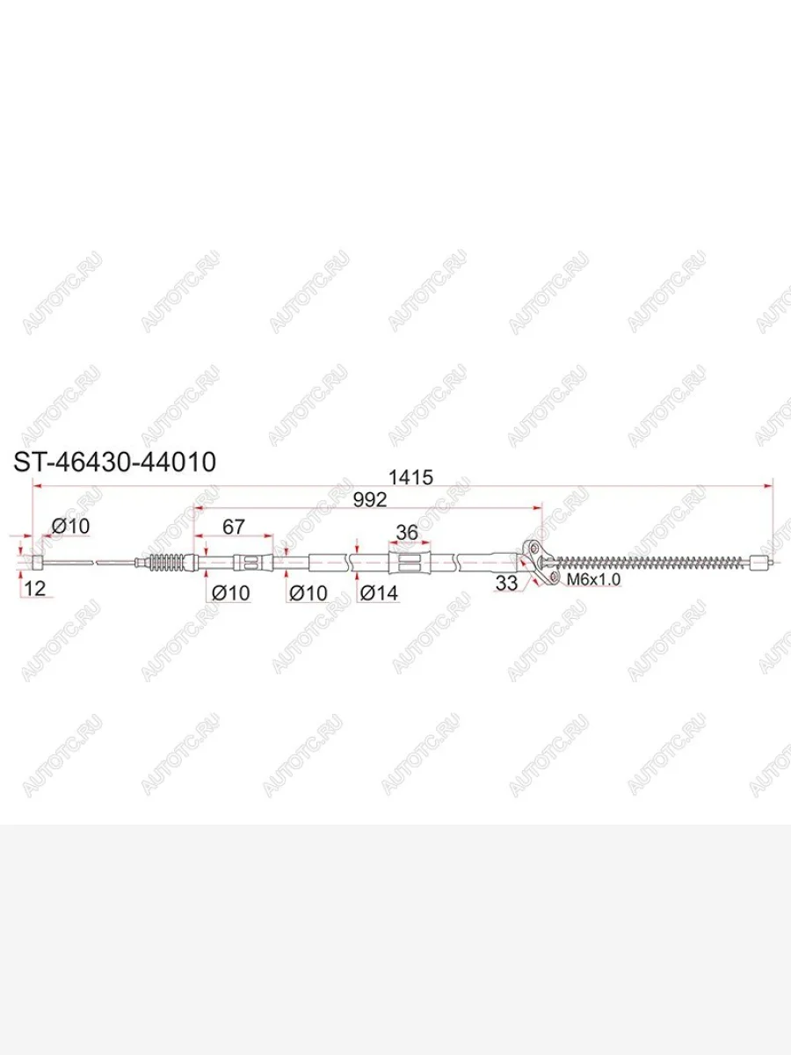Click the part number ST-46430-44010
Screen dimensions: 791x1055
[x=115, y=462]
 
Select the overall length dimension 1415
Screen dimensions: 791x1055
[x=410, y=477]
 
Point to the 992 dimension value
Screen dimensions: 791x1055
[x=370, y=500]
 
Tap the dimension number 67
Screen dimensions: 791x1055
[x=234, y=527]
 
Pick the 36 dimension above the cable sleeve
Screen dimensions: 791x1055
[x=407, y=533]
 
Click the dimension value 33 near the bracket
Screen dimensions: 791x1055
[x=506, y=584]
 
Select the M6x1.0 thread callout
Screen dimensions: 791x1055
[x=593, y=579]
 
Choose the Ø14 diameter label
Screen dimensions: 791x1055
[x=379, y=593]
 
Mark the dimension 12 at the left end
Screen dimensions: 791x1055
[x=34, y=588]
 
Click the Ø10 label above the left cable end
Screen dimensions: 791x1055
[x=70, y=527]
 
